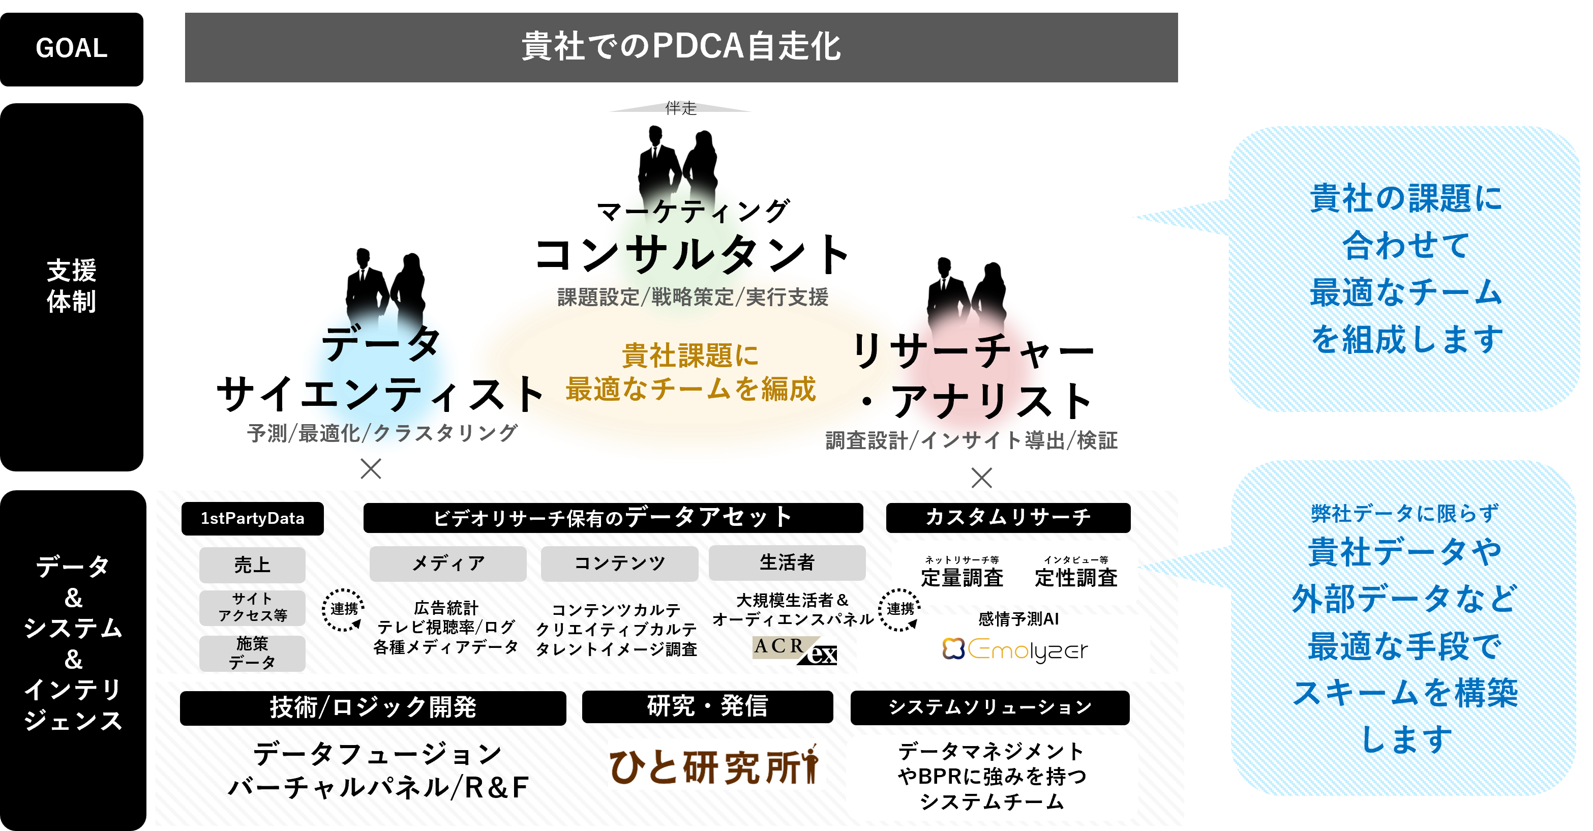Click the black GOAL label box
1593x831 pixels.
click(72, 49)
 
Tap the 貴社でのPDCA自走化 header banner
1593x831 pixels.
click(681, 47)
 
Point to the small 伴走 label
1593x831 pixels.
click(681, 108)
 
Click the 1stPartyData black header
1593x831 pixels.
click(252, 518)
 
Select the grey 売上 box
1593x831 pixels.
click(252, 565)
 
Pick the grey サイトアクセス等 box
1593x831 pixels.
click(252, 607)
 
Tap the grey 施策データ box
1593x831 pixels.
click(252, 653)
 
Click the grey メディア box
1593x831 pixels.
click(448, 563)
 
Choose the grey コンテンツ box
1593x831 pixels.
click(620, 563)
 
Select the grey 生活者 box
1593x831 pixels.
click(787, 562)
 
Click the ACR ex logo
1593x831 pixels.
click(795, 650)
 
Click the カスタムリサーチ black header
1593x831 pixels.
click(1008, 517)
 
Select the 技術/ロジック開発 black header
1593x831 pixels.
click(373, 708)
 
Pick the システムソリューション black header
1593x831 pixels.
click(990, 707)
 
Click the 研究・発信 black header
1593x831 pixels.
click(707, 706)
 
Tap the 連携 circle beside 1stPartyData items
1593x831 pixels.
click(343, 609)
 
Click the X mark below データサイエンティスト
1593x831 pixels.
click(371, 468)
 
